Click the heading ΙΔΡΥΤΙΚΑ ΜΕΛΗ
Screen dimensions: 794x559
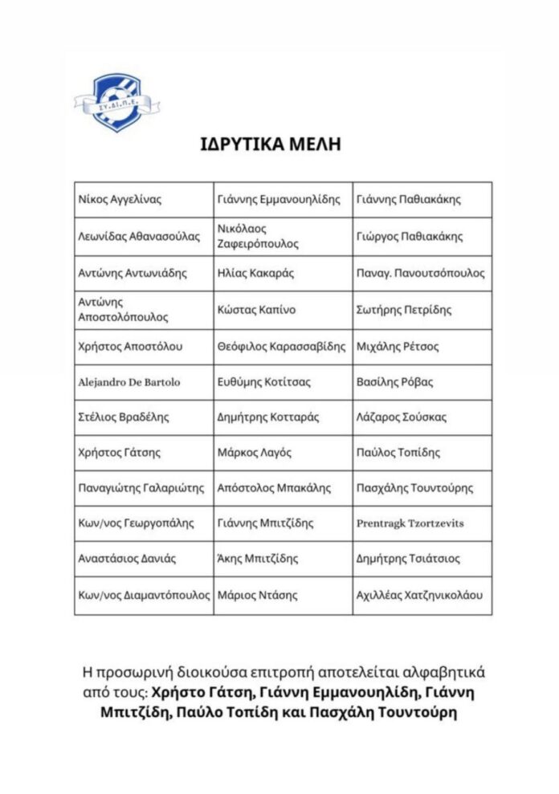[271, 145]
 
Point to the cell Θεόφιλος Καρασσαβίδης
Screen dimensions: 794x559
[284, 347]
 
